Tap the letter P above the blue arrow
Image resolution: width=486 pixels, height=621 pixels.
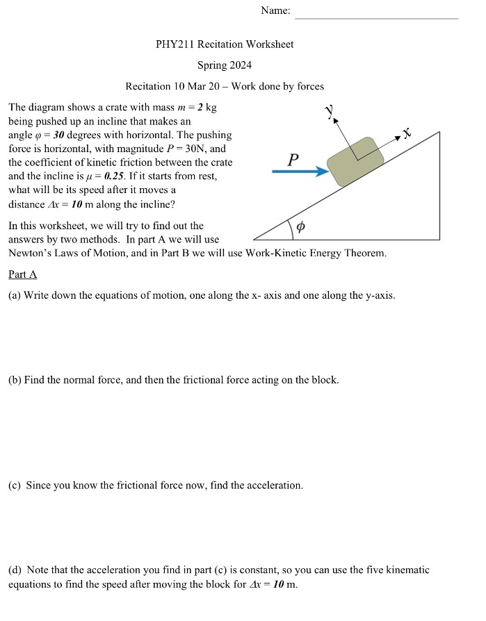click(x=293, y=159)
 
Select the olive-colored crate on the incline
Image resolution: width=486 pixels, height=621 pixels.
click(x=355, y=161)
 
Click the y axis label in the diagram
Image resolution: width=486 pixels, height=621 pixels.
click(x=331, y=111)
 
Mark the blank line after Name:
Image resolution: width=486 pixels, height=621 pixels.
click(x=376, y=17)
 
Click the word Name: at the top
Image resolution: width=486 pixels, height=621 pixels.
click(x=276, y=11)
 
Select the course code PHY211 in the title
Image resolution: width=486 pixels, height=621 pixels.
click(x=175, y=44)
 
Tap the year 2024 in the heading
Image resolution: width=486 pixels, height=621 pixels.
click(x=239, y=65)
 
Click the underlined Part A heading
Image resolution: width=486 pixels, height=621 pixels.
click(x=22, y=274)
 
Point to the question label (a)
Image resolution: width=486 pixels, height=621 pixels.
click(x=15, y=296)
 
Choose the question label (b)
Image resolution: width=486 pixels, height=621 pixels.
click(x=15, y=380)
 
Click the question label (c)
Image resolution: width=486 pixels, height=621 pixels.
click(x=15, y=486)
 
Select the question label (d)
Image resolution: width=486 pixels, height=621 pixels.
click(x=15, y=570)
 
